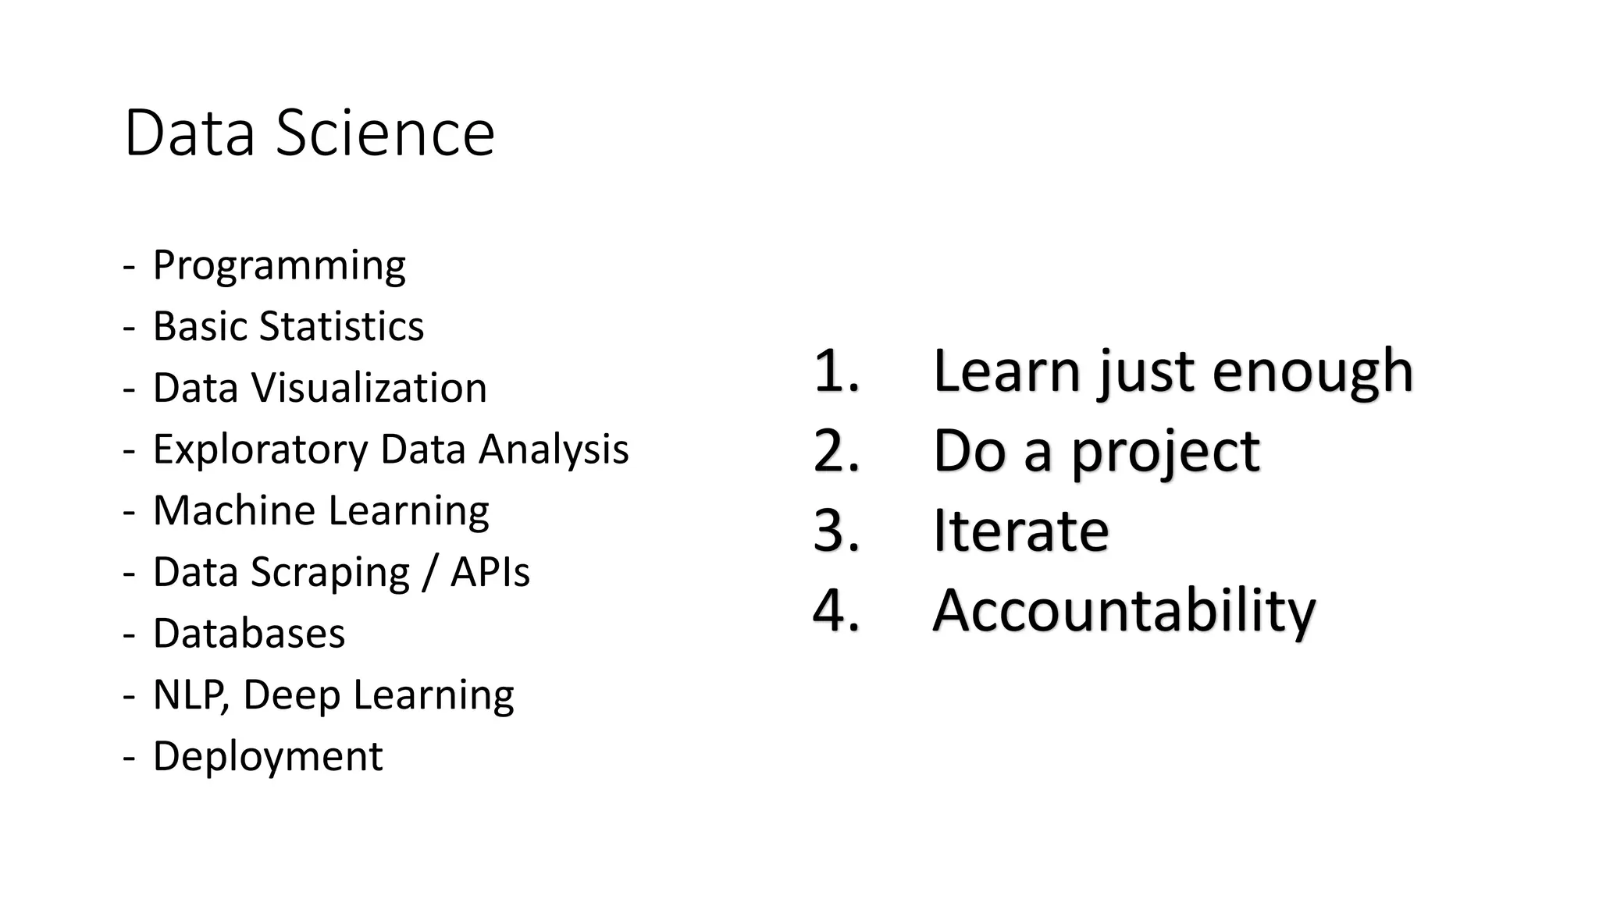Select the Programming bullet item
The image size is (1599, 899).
(279, 265)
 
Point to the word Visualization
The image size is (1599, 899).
(369, 388)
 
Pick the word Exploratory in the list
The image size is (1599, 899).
(260, 449)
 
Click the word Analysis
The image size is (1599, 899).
(554, 449)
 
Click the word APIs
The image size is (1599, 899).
(490, 572)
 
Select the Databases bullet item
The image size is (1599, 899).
(248, 633)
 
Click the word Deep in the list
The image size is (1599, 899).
(291, 695)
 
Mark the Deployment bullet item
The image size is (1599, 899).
(268, 756)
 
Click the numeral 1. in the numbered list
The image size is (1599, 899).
(836, 371)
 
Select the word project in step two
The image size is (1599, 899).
(1165, 453)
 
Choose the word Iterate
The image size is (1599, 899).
(1020, 531)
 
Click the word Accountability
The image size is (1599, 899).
(1124, 610)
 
